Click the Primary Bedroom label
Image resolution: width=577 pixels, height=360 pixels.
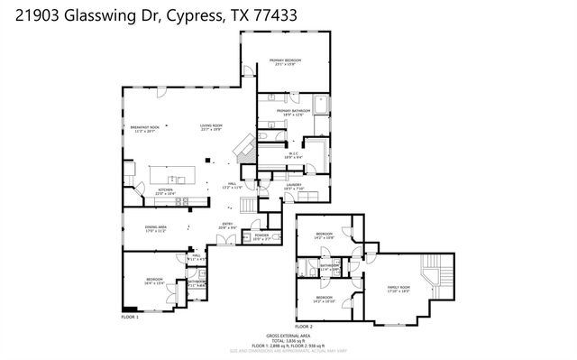(285, 61)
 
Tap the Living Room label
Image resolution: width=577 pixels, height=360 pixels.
(211, 126)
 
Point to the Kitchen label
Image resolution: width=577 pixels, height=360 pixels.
(166, 190)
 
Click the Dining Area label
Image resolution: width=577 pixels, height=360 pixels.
(156, 228)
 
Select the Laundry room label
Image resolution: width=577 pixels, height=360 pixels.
(294, 186)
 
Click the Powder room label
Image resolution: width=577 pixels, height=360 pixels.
(261, 237)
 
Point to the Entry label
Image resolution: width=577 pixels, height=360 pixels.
(228, 226)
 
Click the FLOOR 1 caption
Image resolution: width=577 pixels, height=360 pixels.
(130, 317)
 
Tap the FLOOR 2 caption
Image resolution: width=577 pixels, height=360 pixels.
(304, 326)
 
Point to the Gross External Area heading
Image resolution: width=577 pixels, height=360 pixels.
(288, 334)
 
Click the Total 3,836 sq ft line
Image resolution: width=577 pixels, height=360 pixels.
(288, 339)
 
